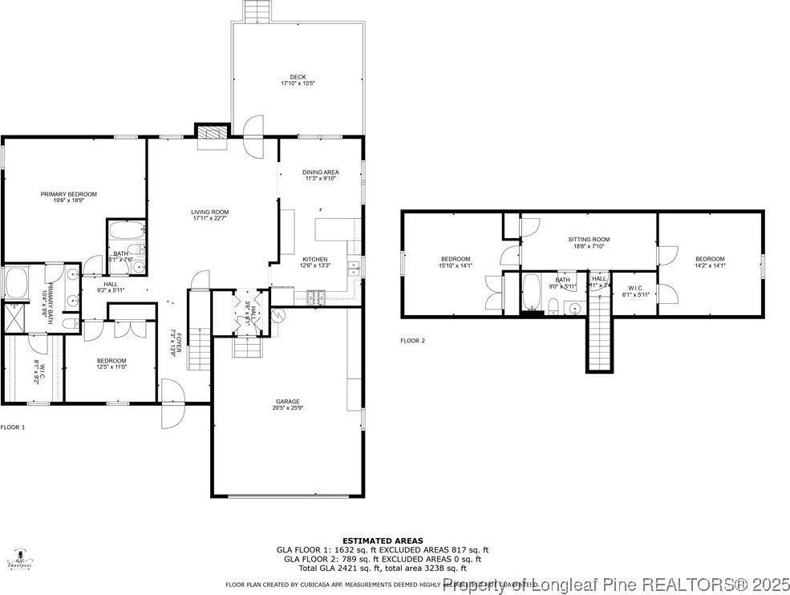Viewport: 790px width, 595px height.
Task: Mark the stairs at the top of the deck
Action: click(x=257, y=11)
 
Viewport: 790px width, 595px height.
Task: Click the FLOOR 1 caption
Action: click(x=13, y=427)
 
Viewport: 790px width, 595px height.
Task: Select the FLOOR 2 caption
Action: click(x=412, y=341)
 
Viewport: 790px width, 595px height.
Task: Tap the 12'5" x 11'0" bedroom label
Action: click(x=112, y=364)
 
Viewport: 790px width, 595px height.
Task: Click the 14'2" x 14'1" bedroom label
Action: click(x=710, y=261)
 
